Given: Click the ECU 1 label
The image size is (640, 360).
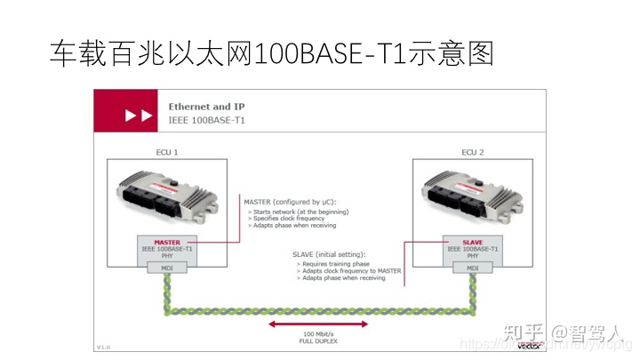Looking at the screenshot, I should pos(167,152).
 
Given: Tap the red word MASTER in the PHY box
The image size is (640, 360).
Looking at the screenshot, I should pos(167,242).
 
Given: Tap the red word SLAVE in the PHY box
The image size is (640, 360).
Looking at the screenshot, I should pos(472,242).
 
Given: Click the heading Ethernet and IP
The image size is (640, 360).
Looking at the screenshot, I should pos(206,106).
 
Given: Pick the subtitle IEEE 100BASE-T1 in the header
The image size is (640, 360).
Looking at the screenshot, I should pos(206,118).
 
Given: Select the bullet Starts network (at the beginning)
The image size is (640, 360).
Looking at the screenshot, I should pos(299,212).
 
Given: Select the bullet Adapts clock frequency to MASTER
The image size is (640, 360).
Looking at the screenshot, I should pos(348,271).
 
